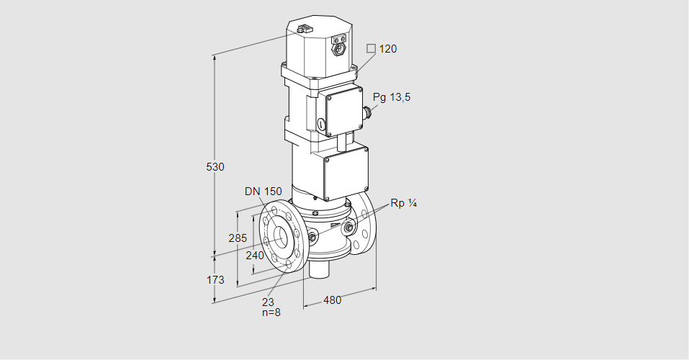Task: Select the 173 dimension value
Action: click(215, 279)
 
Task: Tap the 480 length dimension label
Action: click(332, 300)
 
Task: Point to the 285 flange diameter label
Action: click(238, 238)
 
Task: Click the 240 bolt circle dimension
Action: click(255, 254)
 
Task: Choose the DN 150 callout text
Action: click(262, 192)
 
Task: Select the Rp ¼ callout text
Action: click(404, 203)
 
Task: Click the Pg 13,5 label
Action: click(392, 98)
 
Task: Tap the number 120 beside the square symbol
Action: click(388, 49)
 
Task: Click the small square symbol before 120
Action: click(371, 49)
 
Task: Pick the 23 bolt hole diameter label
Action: click(268, 302)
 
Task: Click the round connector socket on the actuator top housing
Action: click(338, 50)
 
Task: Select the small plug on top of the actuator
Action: click(303, 30)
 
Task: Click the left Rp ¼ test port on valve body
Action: click(312, 237)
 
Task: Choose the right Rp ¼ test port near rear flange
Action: click(349, 228)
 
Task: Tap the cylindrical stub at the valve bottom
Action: click(319, 270)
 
